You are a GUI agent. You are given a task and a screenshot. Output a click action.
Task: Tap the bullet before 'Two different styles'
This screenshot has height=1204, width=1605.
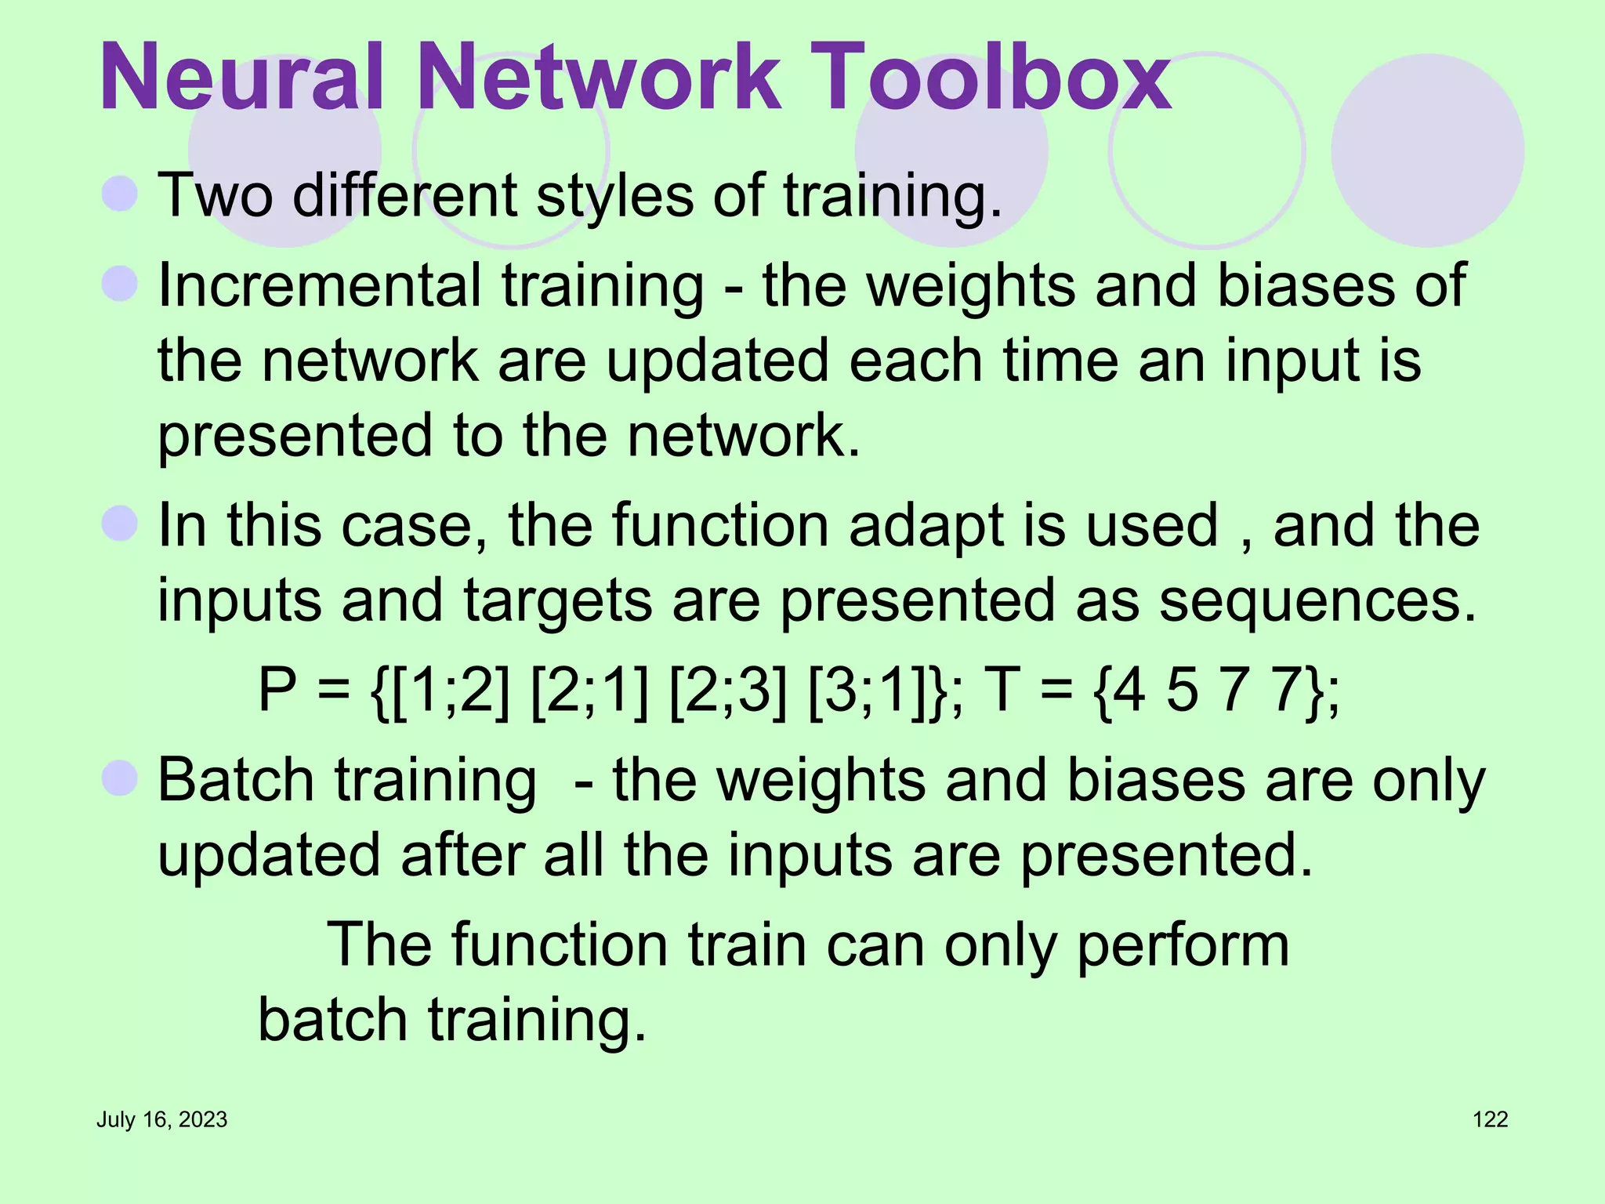coord(120,194)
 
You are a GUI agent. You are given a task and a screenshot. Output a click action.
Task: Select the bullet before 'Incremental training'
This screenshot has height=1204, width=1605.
coord(120,284)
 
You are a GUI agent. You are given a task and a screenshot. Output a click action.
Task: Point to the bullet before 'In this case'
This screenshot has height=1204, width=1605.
coord(120,523)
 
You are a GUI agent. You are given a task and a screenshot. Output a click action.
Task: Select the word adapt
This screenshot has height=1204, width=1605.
coord(925,527)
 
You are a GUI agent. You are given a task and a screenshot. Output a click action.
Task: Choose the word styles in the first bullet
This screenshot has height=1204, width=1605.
coord(615,195)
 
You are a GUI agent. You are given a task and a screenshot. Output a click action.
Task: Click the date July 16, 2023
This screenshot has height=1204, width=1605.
coord(161,1119)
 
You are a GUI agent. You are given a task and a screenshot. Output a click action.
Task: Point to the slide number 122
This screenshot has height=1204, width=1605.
coord(1490,1119)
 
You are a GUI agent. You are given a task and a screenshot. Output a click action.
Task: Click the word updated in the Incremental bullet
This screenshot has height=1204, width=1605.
coord(716,361)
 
